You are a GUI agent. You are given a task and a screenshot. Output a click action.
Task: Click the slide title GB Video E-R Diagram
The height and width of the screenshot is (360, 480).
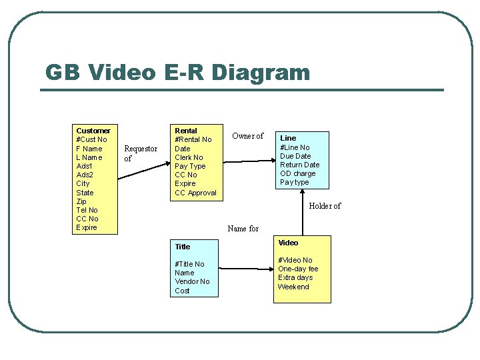(177, 72)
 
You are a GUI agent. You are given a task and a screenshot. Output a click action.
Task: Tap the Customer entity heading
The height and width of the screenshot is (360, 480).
(93, 131)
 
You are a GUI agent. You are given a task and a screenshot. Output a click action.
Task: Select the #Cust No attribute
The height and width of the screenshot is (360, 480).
(92, 139)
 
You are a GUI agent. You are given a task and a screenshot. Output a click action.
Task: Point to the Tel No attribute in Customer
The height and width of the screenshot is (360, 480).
(87, 210)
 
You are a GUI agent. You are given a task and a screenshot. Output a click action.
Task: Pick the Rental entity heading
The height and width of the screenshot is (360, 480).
(185, 131)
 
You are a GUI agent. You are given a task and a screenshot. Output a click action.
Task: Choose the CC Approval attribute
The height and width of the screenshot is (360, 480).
(195, 193)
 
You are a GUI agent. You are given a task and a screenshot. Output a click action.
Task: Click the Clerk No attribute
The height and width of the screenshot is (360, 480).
(189, 157)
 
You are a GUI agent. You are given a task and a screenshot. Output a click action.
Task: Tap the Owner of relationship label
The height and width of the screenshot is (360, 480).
(247, 136)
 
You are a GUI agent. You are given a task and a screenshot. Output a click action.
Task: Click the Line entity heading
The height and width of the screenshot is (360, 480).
(288, 138)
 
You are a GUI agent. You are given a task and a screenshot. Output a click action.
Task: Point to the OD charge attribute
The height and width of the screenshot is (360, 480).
(298, 173)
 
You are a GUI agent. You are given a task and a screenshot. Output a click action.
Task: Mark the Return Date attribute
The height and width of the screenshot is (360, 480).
(299, 165)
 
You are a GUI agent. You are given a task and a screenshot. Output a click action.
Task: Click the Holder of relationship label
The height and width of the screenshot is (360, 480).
(325, 206)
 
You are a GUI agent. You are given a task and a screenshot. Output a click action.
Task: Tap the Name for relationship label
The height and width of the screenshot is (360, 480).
(243, 229)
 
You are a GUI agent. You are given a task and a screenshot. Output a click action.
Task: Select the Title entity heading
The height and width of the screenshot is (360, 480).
(182, 247)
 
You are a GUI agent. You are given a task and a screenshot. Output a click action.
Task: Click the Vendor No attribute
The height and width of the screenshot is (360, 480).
(192, 281)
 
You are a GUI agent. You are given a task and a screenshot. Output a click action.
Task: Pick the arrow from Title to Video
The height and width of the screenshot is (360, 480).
(246, 269)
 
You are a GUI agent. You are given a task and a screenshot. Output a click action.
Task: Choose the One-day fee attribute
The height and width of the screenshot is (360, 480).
(298, 269)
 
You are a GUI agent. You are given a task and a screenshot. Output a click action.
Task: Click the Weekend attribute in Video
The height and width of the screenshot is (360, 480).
(293, 287)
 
